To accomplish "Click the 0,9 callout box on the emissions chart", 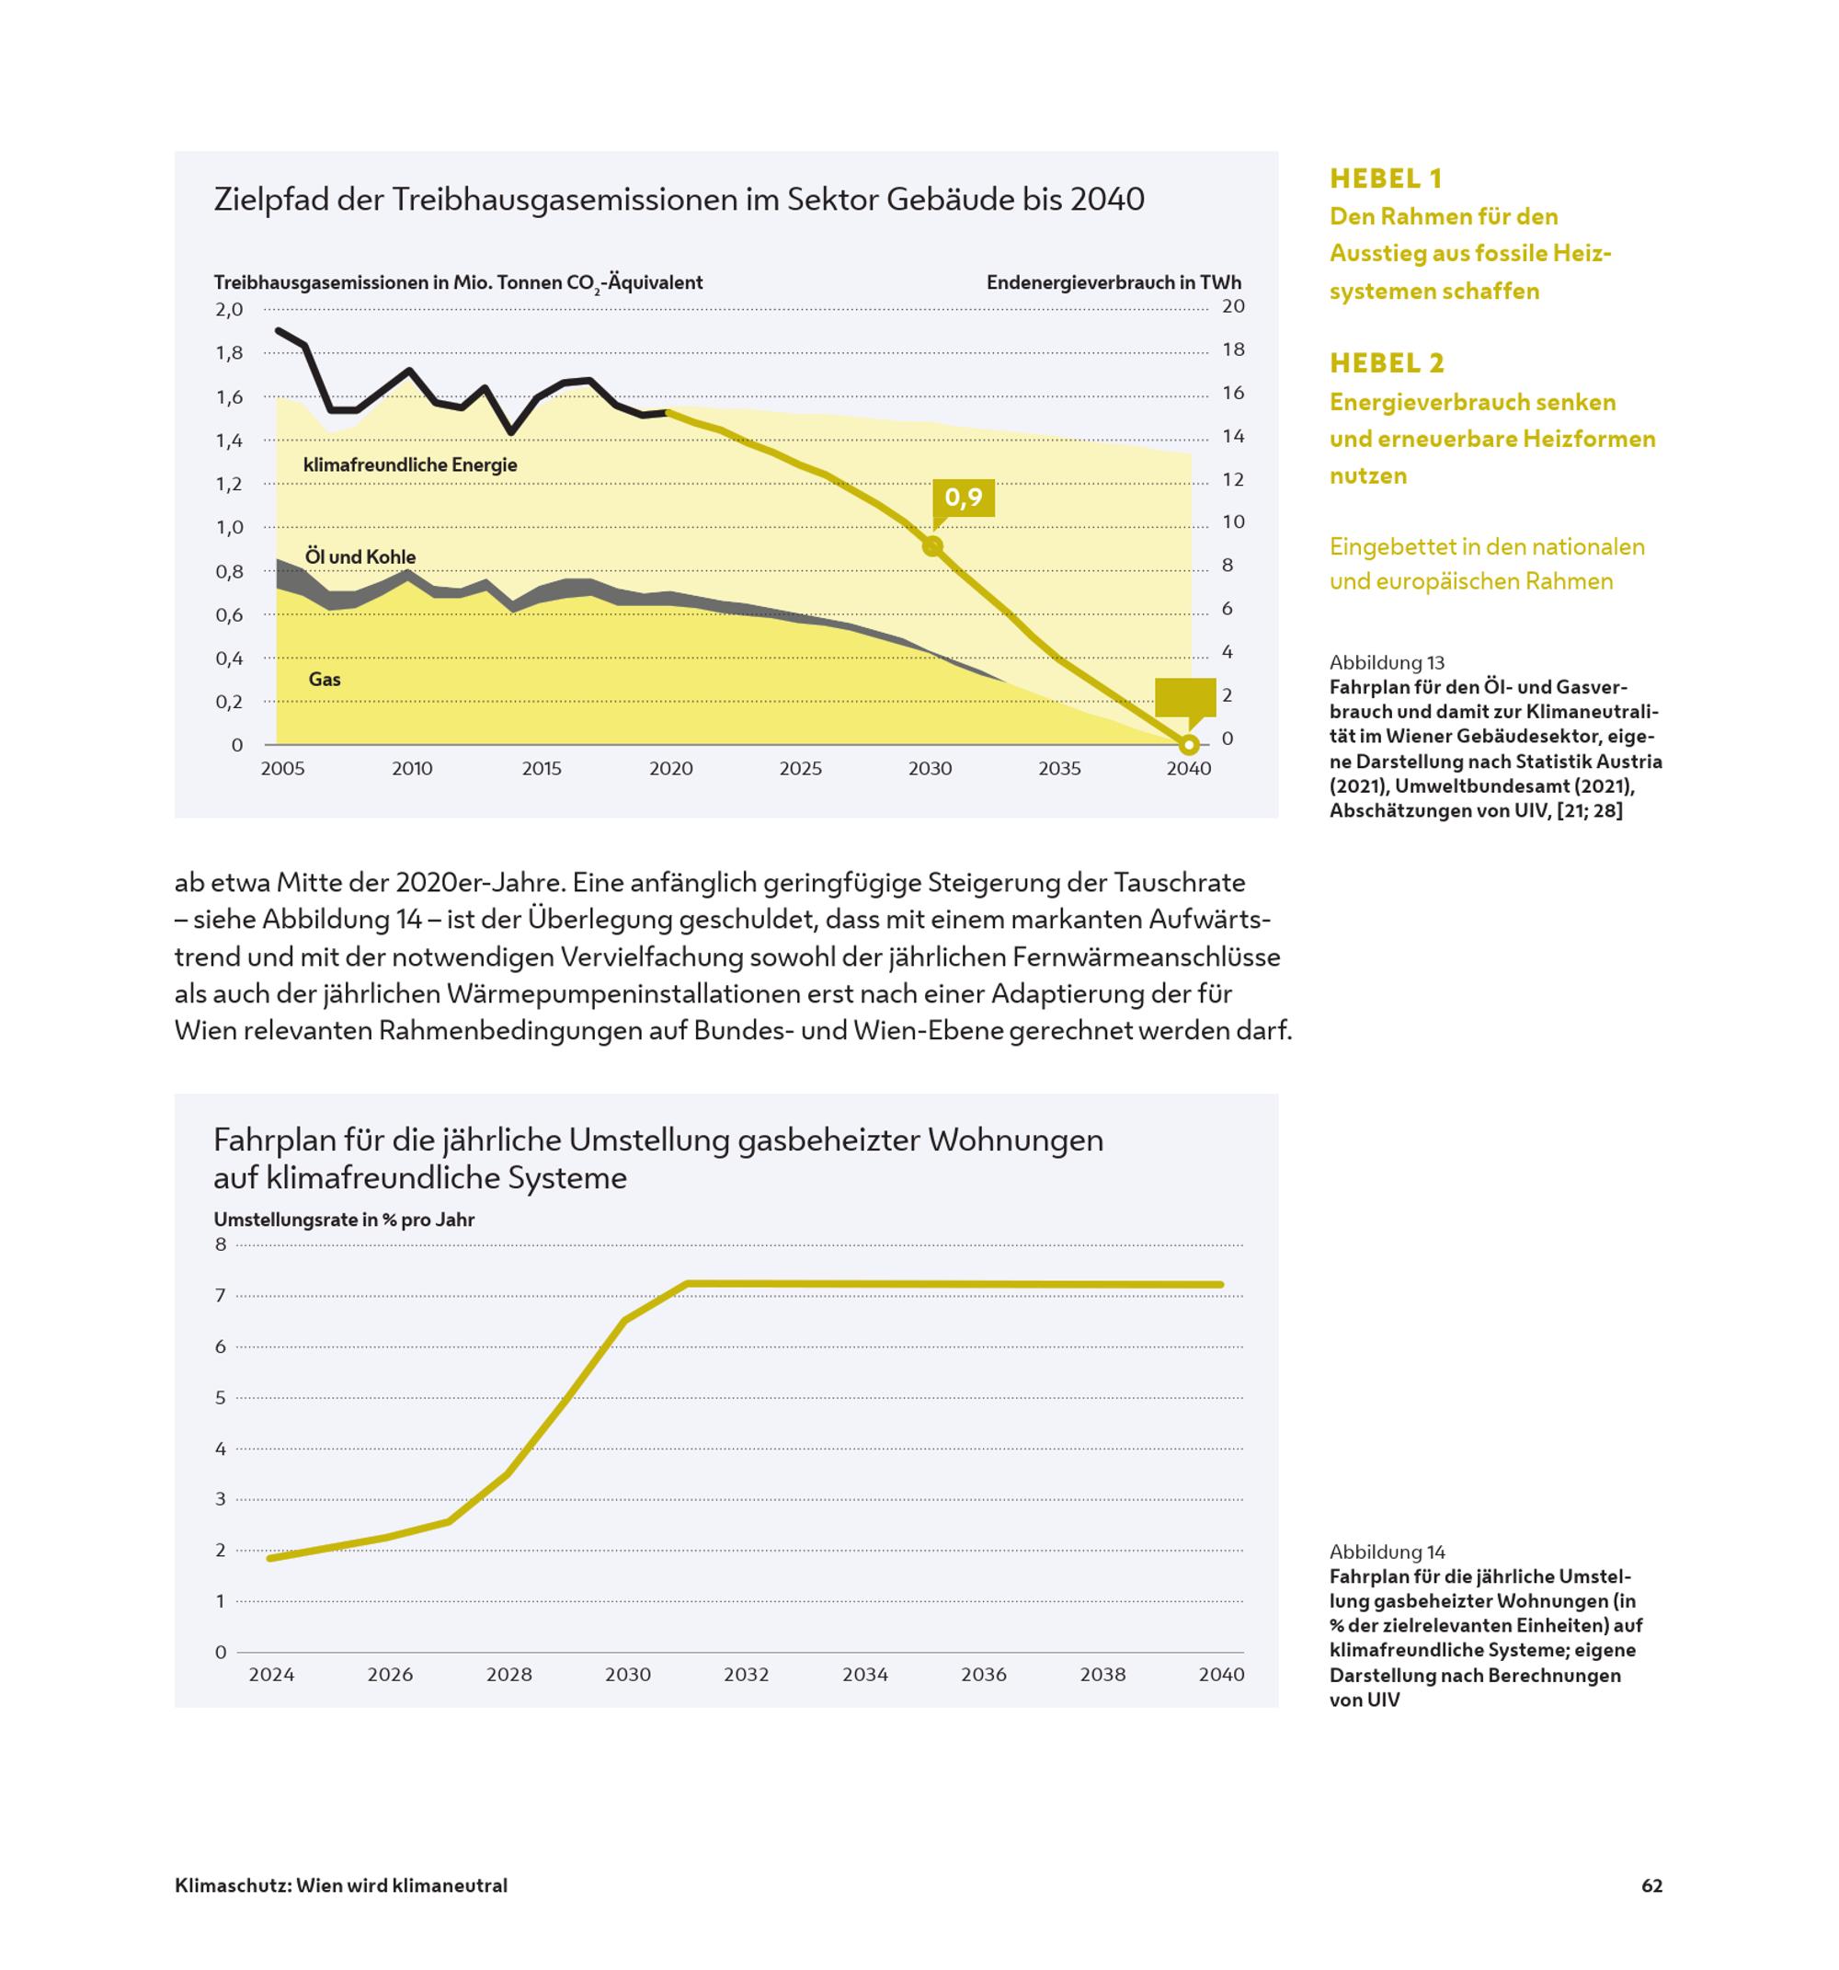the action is pos(962,498).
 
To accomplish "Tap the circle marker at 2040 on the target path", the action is pos(1188,744).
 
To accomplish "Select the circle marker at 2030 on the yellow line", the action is pos(931,546).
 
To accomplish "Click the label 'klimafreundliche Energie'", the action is pos(409,464).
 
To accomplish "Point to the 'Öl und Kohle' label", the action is pos(360,557).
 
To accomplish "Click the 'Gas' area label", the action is pos(324,679).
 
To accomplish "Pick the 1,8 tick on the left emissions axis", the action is pos(229,353).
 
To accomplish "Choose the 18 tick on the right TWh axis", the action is pos(1233,349).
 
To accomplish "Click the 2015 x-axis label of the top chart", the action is pos(541,768).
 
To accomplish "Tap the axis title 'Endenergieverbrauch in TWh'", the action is pos(1113,282).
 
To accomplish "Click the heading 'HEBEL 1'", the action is pos(1385,178).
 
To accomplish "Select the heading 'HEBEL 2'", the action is pos(1387,363).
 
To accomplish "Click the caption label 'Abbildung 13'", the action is pos(1387,662).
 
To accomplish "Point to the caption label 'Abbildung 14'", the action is pos(1388,1552).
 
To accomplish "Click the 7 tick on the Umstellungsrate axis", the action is pos(221,1295).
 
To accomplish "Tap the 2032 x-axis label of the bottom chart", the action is pos(746,1674).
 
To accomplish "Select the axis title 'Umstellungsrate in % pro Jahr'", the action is pos(344,1220).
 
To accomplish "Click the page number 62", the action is pos(1651,1884).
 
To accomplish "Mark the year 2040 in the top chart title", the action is pos(1107,200).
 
